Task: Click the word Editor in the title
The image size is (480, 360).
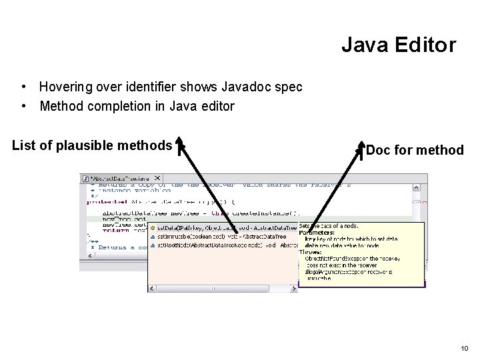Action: [424, 45]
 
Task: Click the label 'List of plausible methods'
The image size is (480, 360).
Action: [92, 145]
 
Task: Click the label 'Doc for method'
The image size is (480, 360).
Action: [415, 150]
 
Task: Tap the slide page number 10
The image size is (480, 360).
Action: [464, 348]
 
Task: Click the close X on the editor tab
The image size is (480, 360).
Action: [157, 179]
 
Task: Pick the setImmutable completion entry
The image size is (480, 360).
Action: [193, 236]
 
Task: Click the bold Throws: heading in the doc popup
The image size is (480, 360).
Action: [312, 252]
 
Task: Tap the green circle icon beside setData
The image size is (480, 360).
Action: [153, 228]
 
